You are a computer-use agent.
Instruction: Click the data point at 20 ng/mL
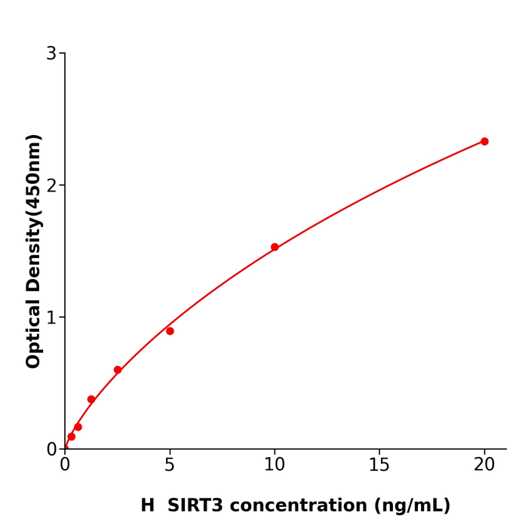(x=484, y=141)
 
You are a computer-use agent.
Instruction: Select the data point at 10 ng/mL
(x=275, y=247)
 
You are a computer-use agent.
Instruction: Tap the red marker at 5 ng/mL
(x=170, y=331)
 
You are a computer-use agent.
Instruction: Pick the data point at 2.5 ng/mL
(x=118, y=370)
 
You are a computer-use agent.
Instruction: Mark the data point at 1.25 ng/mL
(x=91, y=399)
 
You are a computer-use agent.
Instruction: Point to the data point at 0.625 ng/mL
(x=78, y=427)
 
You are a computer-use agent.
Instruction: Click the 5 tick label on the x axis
(x=170, y=465)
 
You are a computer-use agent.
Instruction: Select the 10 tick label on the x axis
(x=275, y=465)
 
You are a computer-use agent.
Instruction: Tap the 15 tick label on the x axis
(x=379, y=465)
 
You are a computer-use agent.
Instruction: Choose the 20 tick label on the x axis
(x=484, y=465)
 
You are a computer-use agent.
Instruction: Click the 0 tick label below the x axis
(x=65, y=465)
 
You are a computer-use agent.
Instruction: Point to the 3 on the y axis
(x=51, y=54)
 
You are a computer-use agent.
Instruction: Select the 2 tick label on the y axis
(x=51, y=186)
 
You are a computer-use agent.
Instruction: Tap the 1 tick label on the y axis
(x=51, y=318)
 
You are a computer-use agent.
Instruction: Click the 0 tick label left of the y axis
(x=51, y=449)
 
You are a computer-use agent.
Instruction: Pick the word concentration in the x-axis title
(x=314, y=505)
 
